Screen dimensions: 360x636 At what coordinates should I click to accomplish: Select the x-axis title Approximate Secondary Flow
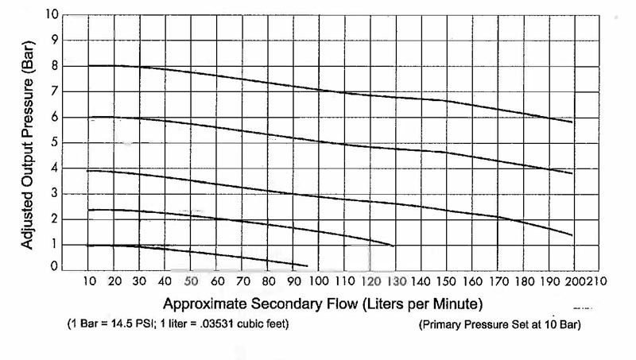tap(323, 304)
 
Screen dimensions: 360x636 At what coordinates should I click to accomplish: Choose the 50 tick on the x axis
tap(190, 281)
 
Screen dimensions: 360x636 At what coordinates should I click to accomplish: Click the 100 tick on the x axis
tap(319, 281)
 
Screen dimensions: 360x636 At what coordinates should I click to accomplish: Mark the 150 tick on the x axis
tap(446, 281)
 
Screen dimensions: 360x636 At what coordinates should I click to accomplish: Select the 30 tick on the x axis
tap(138, 281)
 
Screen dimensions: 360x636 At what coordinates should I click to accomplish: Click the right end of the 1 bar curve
tap(306, 265)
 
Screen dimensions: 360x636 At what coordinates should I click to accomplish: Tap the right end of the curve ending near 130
tap(393, 246)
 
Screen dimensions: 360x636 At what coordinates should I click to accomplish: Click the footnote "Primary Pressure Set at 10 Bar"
tap(499, 325)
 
